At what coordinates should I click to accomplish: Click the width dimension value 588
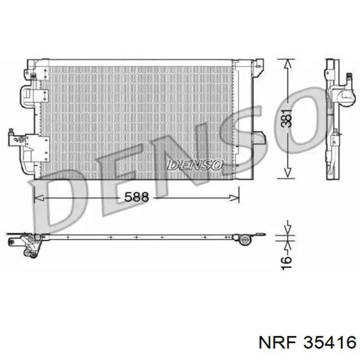tap(136, 197)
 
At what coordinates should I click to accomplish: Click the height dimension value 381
tap(287, 119)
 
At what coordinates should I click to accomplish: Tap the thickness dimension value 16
tap(286, 263)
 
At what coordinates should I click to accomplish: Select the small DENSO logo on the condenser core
tap(195, 165)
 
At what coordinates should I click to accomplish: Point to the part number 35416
tap(330, 343)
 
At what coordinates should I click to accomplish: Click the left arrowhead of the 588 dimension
tap(39, 197)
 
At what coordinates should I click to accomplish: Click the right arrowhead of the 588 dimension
tap(235, 197)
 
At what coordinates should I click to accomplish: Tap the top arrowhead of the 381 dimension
tap(287, 64)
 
